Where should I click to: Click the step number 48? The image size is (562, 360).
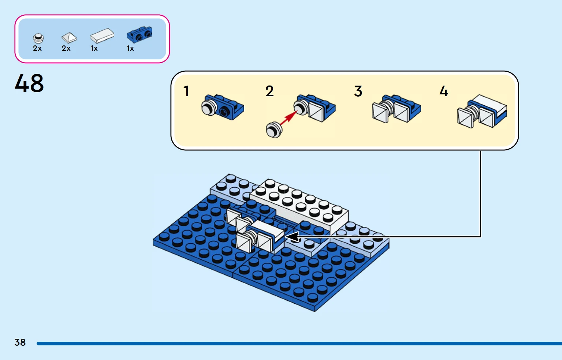29,83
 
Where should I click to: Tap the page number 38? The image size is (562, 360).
20,342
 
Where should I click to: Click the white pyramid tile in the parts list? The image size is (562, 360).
69,37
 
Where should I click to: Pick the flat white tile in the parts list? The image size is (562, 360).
102,35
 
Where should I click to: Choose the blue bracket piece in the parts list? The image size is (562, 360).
139,34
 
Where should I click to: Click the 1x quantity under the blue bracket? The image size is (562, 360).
130,49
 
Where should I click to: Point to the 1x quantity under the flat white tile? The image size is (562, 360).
94,49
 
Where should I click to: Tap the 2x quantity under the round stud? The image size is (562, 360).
37,49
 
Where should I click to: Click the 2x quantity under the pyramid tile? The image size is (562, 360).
66,49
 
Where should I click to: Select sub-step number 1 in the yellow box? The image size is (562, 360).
186,91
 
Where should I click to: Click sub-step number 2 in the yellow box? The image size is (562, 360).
269,91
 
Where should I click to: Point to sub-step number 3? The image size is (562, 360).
358,91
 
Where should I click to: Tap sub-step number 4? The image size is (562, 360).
444,91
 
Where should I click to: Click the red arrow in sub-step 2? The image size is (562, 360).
289,119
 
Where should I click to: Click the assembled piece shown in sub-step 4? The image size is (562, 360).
482,111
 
